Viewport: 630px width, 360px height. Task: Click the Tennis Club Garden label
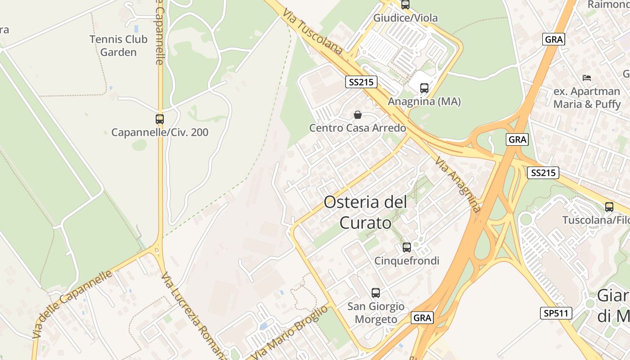[118, 45]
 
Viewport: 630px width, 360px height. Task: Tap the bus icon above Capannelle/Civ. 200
[160, 119]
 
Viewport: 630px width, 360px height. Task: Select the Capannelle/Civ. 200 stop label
[160, 133]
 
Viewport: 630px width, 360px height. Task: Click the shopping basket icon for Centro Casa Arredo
[358, 115]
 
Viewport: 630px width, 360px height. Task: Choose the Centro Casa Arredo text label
[358, 128]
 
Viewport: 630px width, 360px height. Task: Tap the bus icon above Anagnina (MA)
[424, 88]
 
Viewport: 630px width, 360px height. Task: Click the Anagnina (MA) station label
[424, 102]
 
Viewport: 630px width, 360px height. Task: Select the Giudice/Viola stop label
[405, 18]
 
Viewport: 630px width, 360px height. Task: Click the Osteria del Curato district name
[365, 212]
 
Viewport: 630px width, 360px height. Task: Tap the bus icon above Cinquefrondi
[407, 247]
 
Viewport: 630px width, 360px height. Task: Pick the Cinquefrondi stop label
[407, 261]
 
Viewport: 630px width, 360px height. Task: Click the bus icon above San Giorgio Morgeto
[376, 293]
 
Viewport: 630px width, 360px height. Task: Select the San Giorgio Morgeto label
[376, 313]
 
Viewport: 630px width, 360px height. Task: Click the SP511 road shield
[556, 313]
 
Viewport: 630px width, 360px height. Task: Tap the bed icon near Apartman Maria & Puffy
[587, 77]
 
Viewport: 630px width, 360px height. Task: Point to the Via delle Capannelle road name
[72, 304]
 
